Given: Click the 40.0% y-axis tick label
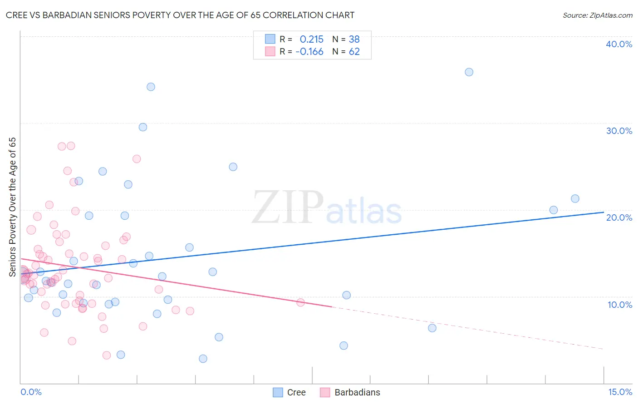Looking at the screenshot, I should (619, 44).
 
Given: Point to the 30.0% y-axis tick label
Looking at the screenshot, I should (619, 131).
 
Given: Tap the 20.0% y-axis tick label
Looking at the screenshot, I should (619, 217).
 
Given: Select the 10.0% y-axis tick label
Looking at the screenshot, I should (620, 305).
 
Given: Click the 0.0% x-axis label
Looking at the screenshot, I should (31, 392).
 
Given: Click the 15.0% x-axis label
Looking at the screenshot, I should (620, 392).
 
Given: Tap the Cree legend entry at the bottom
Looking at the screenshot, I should (296, 392).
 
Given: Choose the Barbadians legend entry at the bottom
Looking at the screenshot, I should (357, 392).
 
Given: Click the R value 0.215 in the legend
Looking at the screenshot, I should (311, 39).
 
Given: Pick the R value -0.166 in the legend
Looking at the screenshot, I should (309, 52).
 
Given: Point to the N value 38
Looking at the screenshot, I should (354, 39).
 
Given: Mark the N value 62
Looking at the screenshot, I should (354, 52).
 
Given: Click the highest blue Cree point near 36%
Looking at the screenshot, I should (469, 72).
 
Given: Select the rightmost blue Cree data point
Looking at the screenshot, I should (575, 198).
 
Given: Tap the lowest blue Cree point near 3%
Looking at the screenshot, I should (203, 359).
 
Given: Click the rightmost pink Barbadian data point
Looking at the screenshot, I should (300, 302).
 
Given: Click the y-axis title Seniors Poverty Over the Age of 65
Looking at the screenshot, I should (12, 207).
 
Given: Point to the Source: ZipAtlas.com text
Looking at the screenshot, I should (597, 15).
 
